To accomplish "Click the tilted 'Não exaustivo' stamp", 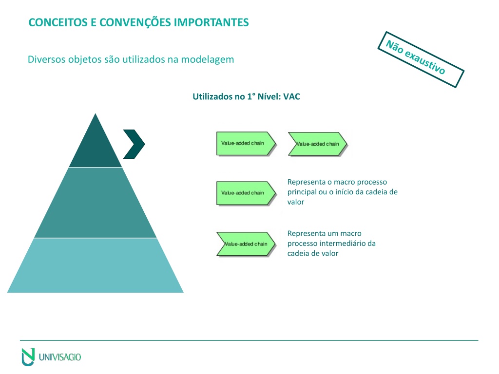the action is pyautogui.click(x=421, y=59).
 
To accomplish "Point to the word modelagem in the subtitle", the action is pyautogui.click(x=208, y=60).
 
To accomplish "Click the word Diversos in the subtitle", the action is pyautogui.click(x=46, y=59).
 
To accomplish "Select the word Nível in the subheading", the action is pyautogui.click(x=269, y=97).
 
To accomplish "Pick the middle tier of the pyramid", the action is pyautogui.click(x=96, y=203).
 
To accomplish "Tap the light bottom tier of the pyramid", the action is pyautogui.click(x=96, y=265).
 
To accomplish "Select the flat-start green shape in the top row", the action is pyautogui.click(x=246, y=144).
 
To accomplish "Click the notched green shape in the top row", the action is pyautogui.click(x=318, y=144).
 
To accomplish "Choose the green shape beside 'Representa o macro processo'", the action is pyautogui.click(x=246, y=193).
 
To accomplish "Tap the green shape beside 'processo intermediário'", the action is pyautogui.click(x=246, y=244).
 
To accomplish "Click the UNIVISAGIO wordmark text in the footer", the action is pyautogui.click(x=60, y=357).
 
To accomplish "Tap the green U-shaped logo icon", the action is pyautogui.click(x=28, y=357).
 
